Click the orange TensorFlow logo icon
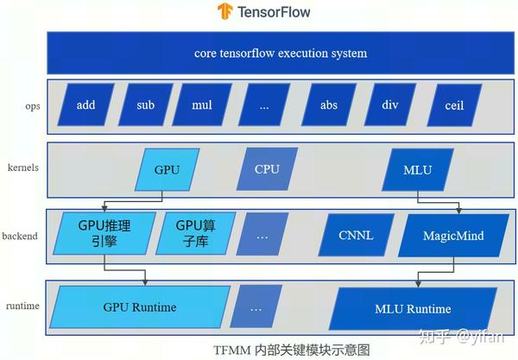click(225, 12)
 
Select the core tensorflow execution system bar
click(280, 54)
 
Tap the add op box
click(85, 105)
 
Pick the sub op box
click(145, 105)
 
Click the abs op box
click(327, 105)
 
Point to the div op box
click(391, 105)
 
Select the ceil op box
click(453, 105)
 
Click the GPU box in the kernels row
click(167, 169)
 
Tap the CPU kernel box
click(266, 169)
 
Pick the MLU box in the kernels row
click(417, 169)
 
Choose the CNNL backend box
click(354, 235)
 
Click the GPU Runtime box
click(138, 307)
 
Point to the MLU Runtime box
click(412, 308)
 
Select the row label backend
click(20, 235)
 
